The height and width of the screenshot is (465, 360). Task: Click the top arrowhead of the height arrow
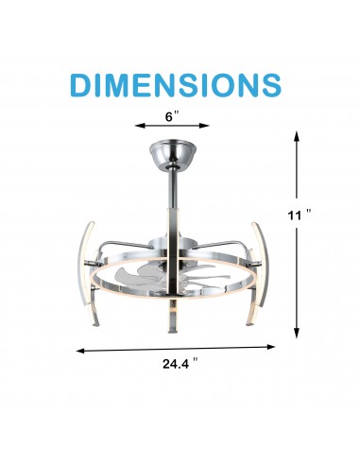pyautogui.click(x=298, y=135)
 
